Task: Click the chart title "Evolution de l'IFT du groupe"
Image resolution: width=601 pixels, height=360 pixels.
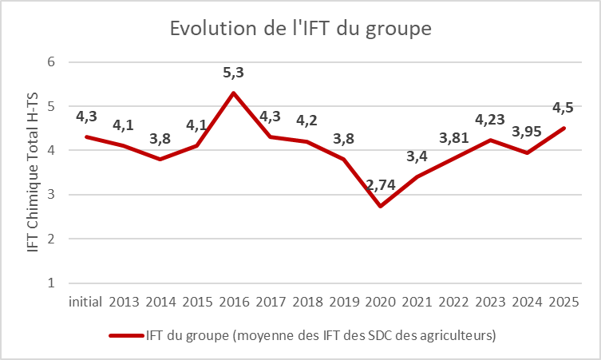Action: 300,29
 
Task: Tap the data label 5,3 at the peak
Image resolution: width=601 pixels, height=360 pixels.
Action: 233,73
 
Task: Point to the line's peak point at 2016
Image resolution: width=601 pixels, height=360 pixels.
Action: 233,93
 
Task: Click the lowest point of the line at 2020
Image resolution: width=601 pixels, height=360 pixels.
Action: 381,206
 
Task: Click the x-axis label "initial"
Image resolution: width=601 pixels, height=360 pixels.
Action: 85,303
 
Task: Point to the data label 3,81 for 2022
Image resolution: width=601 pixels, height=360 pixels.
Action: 455,138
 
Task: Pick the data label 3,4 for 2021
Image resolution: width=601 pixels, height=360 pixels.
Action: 417,156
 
